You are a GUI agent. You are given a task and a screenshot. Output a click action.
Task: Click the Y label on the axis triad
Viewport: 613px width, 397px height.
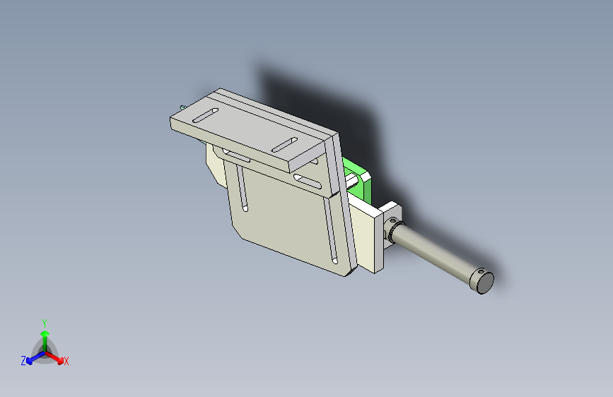(x=45, y=324)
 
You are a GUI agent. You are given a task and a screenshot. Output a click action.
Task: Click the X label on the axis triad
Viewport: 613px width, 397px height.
(x=66, y=361)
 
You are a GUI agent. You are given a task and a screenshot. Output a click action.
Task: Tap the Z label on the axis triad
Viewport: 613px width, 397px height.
(x=23, y=361)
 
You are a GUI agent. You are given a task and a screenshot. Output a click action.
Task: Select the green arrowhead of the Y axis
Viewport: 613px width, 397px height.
(x=45, y=333)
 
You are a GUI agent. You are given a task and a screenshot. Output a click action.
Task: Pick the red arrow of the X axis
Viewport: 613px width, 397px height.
(x=54, y=357)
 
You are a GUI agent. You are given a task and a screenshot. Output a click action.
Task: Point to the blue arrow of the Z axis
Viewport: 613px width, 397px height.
(x=36, y=357)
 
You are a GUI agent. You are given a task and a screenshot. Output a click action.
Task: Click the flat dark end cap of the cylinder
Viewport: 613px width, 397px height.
(x=485, y=283)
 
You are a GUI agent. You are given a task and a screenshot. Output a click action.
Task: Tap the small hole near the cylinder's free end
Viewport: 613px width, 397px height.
(x=481, y=271)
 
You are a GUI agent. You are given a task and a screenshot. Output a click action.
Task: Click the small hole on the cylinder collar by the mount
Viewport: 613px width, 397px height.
(x=392, y=220)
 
